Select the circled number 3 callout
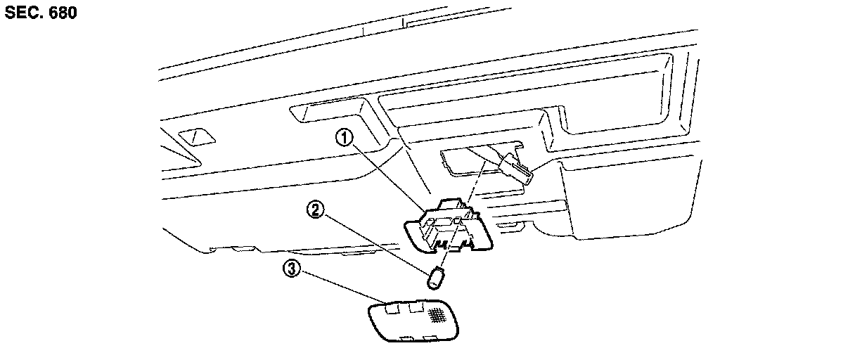[x=290, y=267]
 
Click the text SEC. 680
[x=40, y=13]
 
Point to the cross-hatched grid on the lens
[x=439, y=315]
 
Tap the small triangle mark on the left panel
[x=193, y=136]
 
